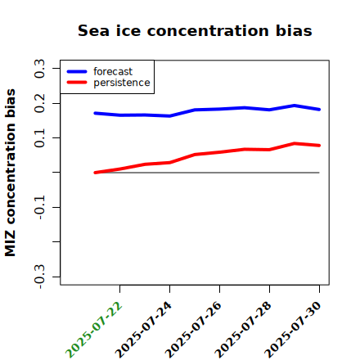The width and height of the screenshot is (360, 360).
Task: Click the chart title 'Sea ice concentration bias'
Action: pyautogui.click(x=195, y=30)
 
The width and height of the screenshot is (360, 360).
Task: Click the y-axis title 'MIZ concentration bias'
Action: pyautogui.click(x=10, y=173)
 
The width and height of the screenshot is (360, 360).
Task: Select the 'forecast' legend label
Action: pyautogui.click(x=113, y=71)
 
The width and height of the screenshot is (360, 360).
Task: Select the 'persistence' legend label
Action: pyautogui.click(x=122, y=83)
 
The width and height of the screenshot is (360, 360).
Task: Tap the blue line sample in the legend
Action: pyautogui.click(x=77, y=71)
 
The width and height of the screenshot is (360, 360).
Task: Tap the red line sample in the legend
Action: pyautogui.click(x=77, y=83)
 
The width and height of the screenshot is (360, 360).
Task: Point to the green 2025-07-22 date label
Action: pyautogui.click(x=94, y=330)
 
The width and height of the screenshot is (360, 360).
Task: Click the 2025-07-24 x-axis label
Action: pyautogui.click(x=144, y=330)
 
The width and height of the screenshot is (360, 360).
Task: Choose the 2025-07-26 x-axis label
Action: pyautogui.click(x=194, y=330)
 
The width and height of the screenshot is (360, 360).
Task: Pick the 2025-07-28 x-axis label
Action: pyautogui.click(x=244, y=330)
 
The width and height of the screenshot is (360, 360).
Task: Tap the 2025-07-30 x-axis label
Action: pyautogui.click(x=294, y=330)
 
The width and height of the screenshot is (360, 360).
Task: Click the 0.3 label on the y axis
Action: pyautogui.click(x=39, y=69)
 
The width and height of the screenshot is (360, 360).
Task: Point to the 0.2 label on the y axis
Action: pyautogui.click(x=39, y=103)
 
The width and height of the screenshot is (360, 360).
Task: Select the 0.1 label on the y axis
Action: pyautogui.click(x=39, y=138)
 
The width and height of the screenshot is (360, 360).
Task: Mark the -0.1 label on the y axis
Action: pyautogui.click(x=39, y=207)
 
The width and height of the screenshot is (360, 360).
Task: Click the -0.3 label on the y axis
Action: pyautogui.click(x=39, y=277)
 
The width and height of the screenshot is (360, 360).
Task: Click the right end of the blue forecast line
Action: pyautogui.click(x=319, y=110)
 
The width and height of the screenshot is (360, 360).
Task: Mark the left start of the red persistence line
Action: pyautogui.click(x=95, y=173)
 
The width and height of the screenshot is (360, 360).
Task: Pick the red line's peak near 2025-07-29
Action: pyautogui.click(x=295, y=143)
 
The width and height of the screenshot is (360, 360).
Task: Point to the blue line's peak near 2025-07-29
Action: pyautogui.click(x=295, y=106)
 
